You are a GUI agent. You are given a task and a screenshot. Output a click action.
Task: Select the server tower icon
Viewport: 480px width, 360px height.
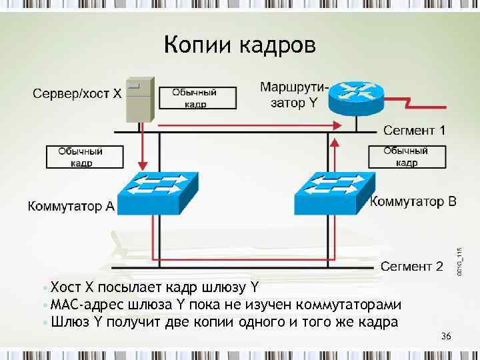pyautogui.click(x=141, y=99)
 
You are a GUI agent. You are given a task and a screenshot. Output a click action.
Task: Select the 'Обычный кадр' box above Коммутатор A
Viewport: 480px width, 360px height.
pyautogui.click(x=84, y=157)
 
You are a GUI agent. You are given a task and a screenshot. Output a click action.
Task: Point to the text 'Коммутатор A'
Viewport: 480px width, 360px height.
pyautogui.click(x=71, y=207)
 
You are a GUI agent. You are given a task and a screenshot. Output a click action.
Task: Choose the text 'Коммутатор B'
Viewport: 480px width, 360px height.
pyautogui.click(x=413, y=201)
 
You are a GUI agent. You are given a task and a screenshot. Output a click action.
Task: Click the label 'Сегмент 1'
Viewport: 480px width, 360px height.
pyautogui.click(x=414, y=129)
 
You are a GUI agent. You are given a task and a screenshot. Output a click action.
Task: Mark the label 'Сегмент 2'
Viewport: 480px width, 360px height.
pyautogui.click(x=411, y=267)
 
